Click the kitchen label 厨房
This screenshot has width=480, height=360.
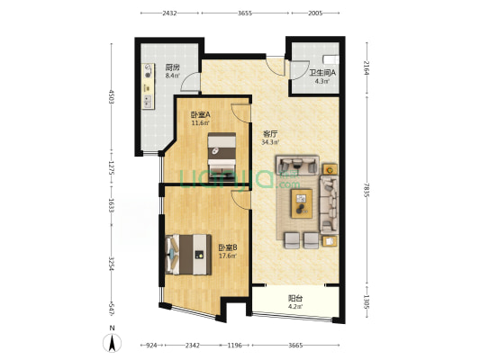click(172, 67)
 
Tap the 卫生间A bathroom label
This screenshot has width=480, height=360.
click(322, 73)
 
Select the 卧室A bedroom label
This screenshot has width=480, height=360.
click(201, 114)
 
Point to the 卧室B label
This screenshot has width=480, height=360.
click(228, 247)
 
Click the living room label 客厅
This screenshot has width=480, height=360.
click(270, 134)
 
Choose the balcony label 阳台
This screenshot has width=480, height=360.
click(295, 298)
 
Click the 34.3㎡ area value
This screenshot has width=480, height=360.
click(270, 142)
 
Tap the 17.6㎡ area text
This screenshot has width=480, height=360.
click(228, 256)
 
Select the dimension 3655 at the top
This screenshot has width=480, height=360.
click(245, 13)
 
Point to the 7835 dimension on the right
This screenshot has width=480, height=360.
click(367, 190)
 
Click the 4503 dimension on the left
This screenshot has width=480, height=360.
click(112, 96)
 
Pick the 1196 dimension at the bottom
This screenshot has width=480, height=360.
click(234, 346)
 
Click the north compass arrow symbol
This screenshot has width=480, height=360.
click(113, 343)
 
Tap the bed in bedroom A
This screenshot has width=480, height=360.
click(222, 157)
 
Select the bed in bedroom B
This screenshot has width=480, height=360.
click(188, 255)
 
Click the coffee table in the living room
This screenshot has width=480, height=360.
click(302, 203)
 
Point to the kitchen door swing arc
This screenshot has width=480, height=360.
click(186, 78)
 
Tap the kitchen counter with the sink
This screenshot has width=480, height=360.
click(149, 85)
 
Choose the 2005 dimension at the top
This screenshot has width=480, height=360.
click(315, 13)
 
